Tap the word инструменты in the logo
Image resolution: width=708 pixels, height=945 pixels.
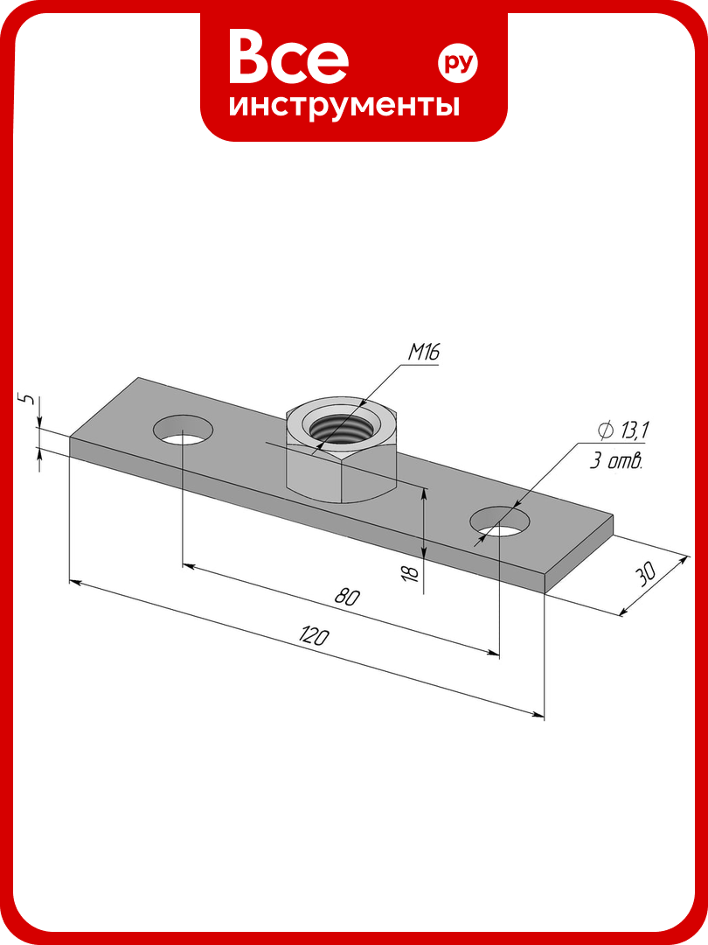344,106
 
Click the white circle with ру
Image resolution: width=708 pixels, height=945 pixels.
457,63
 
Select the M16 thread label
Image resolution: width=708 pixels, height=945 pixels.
424,352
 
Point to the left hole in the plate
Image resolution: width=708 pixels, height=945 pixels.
183,430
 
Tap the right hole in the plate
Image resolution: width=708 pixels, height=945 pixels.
501,521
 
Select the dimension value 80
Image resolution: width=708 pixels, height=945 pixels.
347,597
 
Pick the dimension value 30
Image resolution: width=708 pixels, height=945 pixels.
646,574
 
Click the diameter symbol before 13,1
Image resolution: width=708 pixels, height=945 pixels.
606,430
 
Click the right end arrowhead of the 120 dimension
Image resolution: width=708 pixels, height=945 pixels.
538,716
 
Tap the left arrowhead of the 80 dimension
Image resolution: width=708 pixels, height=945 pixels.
189,566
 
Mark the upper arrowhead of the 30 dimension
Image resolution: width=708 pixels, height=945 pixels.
684,561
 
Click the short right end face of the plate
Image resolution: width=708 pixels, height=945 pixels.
580,554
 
